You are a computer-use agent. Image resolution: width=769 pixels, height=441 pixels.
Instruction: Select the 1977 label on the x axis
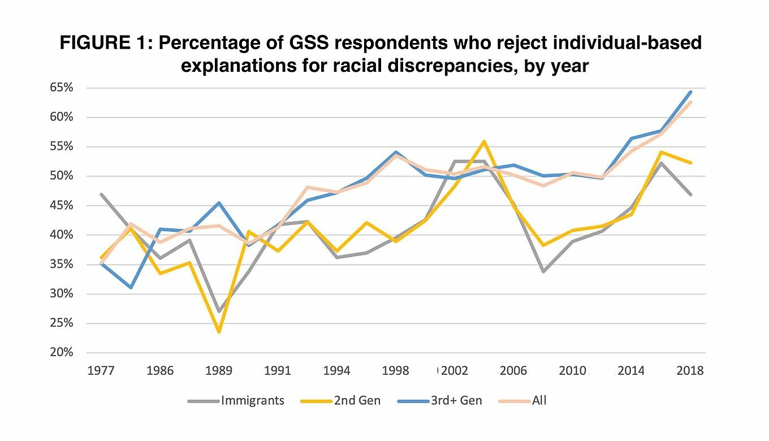[x=101, y=371]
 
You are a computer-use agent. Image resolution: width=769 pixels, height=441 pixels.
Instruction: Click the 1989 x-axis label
[x=219, y=371]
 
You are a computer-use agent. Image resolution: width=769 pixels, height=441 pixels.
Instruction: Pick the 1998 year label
[x=395, y=371]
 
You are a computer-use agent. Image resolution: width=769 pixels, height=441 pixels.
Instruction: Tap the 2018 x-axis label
[x=689, y=371]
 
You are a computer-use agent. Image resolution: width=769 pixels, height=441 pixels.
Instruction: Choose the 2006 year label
[x=513, y=371]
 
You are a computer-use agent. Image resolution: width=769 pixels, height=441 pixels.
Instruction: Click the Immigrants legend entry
[x=252, y=401]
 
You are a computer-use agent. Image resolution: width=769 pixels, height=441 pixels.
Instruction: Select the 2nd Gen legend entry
[x=357, y=401]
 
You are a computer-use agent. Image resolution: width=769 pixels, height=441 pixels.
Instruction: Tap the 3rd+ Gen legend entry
[x=455, y=401]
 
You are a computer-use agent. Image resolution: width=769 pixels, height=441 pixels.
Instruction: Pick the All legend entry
[x=539, y=401]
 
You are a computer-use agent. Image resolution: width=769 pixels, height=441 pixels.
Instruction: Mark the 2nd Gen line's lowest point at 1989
[x=219, y=332]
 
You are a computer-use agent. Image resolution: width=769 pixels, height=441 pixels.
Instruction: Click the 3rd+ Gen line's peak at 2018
[x=690, y=92]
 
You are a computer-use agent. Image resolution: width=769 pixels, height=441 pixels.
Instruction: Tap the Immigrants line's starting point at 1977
[x=101, y=194]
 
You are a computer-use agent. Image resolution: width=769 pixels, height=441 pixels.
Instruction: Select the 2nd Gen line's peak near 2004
[x=484, y=141]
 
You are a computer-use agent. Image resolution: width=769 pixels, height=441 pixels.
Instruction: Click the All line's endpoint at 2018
[x=690, y=102]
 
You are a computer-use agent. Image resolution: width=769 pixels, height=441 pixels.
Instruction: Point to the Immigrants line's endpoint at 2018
[x=690, y=194]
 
